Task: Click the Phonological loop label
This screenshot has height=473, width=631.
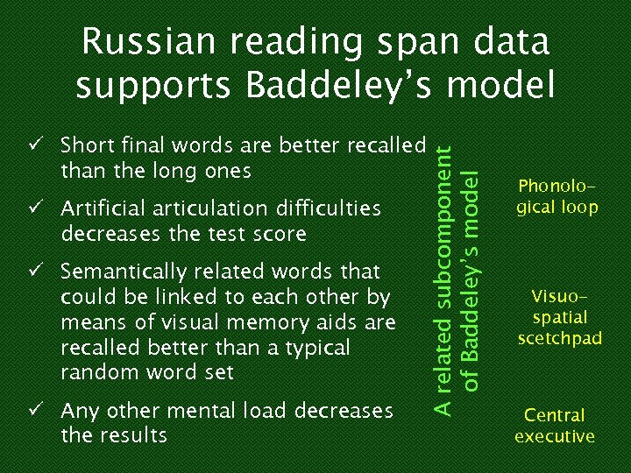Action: click(557, 197)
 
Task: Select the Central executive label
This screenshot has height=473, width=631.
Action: click(555, 425)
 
